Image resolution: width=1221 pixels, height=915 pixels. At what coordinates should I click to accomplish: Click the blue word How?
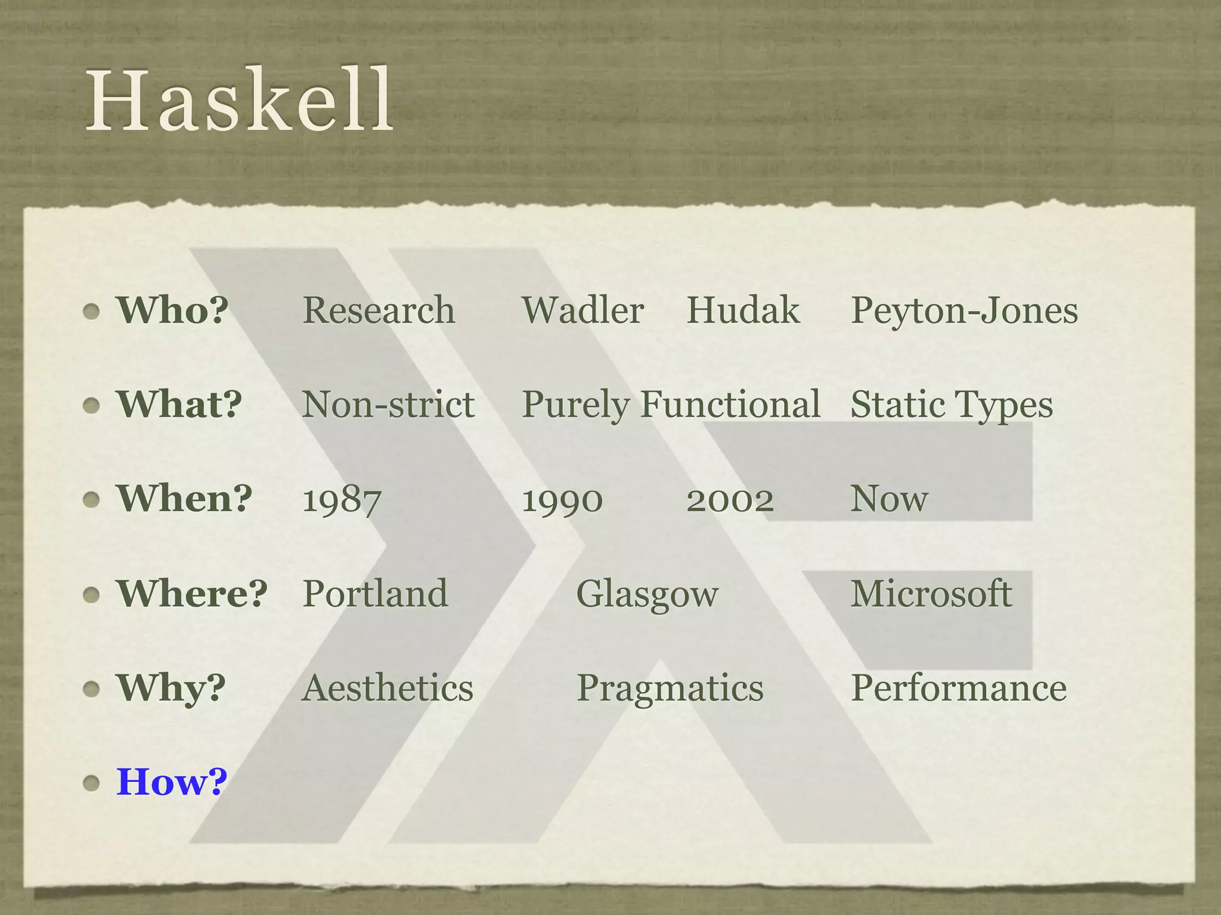click(172, 782)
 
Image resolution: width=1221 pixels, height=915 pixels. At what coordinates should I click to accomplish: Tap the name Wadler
click(582, 310)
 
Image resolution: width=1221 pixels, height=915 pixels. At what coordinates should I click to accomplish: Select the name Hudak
click(743, 310)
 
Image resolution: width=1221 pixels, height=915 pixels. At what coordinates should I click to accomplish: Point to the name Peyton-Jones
click(964, 312)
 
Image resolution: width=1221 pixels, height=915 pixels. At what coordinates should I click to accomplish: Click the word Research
click(379, 310)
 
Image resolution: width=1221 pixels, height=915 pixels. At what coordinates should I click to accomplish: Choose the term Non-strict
click(388, 404)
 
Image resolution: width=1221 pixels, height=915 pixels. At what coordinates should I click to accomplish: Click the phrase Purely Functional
click(671, 405)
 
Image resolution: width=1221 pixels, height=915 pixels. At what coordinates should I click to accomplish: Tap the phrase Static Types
click(952, 406)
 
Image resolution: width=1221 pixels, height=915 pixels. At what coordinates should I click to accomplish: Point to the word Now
click(889, 499)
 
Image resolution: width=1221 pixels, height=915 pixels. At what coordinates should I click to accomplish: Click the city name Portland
click(375, 593)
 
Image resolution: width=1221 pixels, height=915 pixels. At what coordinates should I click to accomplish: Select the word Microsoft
click(931, 593)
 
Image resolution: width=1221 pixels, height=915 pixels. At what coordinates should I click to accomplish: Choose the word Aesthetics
click(388, 688)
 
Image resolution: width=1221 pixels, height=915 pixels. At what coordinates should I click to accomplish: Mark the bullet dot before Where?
click(91, 595)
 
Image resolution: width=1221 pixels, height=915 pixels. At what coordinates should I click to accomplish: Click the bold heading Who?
click(172, 310)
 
